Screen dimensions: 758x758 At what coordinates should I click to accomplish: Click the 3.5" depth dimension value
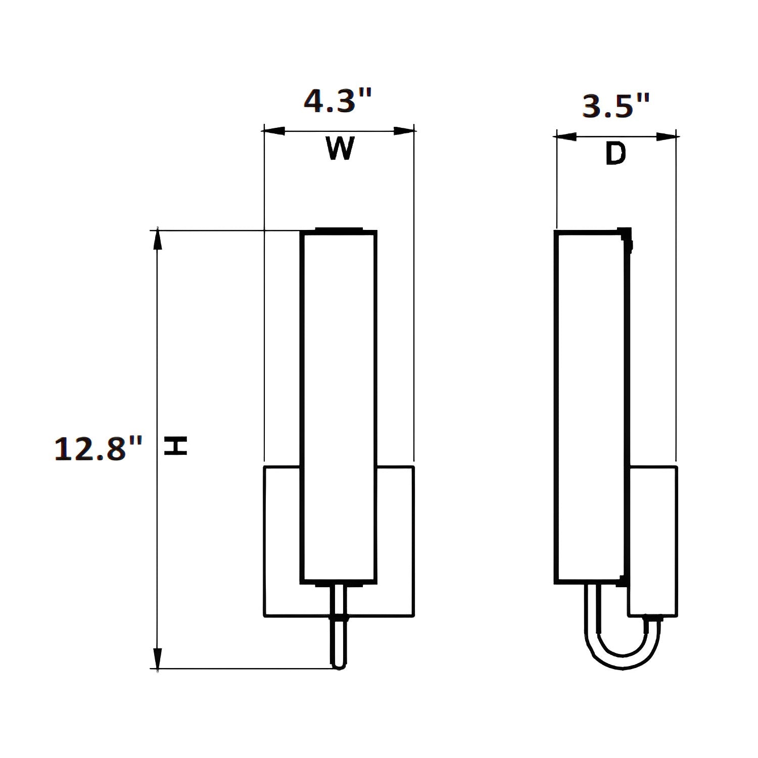pos(615,106)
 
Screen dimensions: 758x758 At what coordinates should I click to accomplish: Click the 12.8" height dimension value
pos(98,449)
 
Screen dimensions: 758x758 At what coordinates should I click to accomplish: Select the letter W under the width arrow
pos(339,149)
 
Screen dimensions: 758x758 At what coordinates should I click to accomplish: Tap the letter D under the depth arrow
pos(615,154)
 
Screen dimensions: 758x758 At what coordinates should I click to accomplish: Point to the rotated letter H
pos(176,446)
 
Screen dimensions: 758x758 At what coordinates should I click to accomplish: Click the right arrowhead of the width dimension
pos(404,131)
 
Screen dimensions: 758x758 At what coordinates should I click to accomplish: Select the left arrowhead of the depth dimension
pos(566,136)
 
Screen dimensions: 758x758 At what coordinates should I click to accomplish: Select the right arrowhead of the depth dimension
pos(667,136)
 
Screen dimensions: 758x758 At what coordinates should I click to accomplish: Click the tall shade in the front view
pos(339,404)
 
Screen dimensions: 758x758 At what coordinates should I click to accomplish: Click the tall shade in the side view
pos(589,404)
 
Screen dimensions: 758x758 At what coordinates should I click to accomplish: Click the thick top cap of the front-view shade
pos(339,230)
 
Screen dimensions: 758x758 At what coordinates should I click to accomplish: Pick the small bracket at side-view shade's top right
pos(628,238)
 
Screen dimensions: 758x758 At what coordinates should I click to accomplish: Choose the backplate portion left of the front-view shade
pos(282,541)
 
